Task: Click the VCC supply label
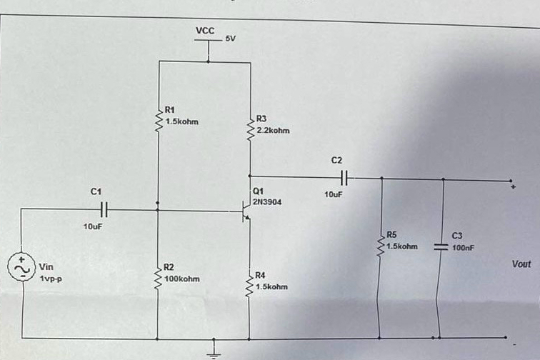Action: click(x=205, y=31)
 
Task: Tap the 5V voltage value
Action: click(x=230, y=39)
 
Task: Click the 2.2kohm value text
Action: click(x=272, y=131)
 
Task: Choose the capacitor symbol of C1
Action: click(x=104, y=209)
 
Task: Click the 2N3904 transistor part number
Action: click(x=267, y=202)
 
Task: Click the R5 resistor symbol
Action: click(x=381, y=246)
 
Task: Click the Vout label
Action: click(x=521, y=264)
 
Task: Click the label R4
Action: click(x=261, y=275)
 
